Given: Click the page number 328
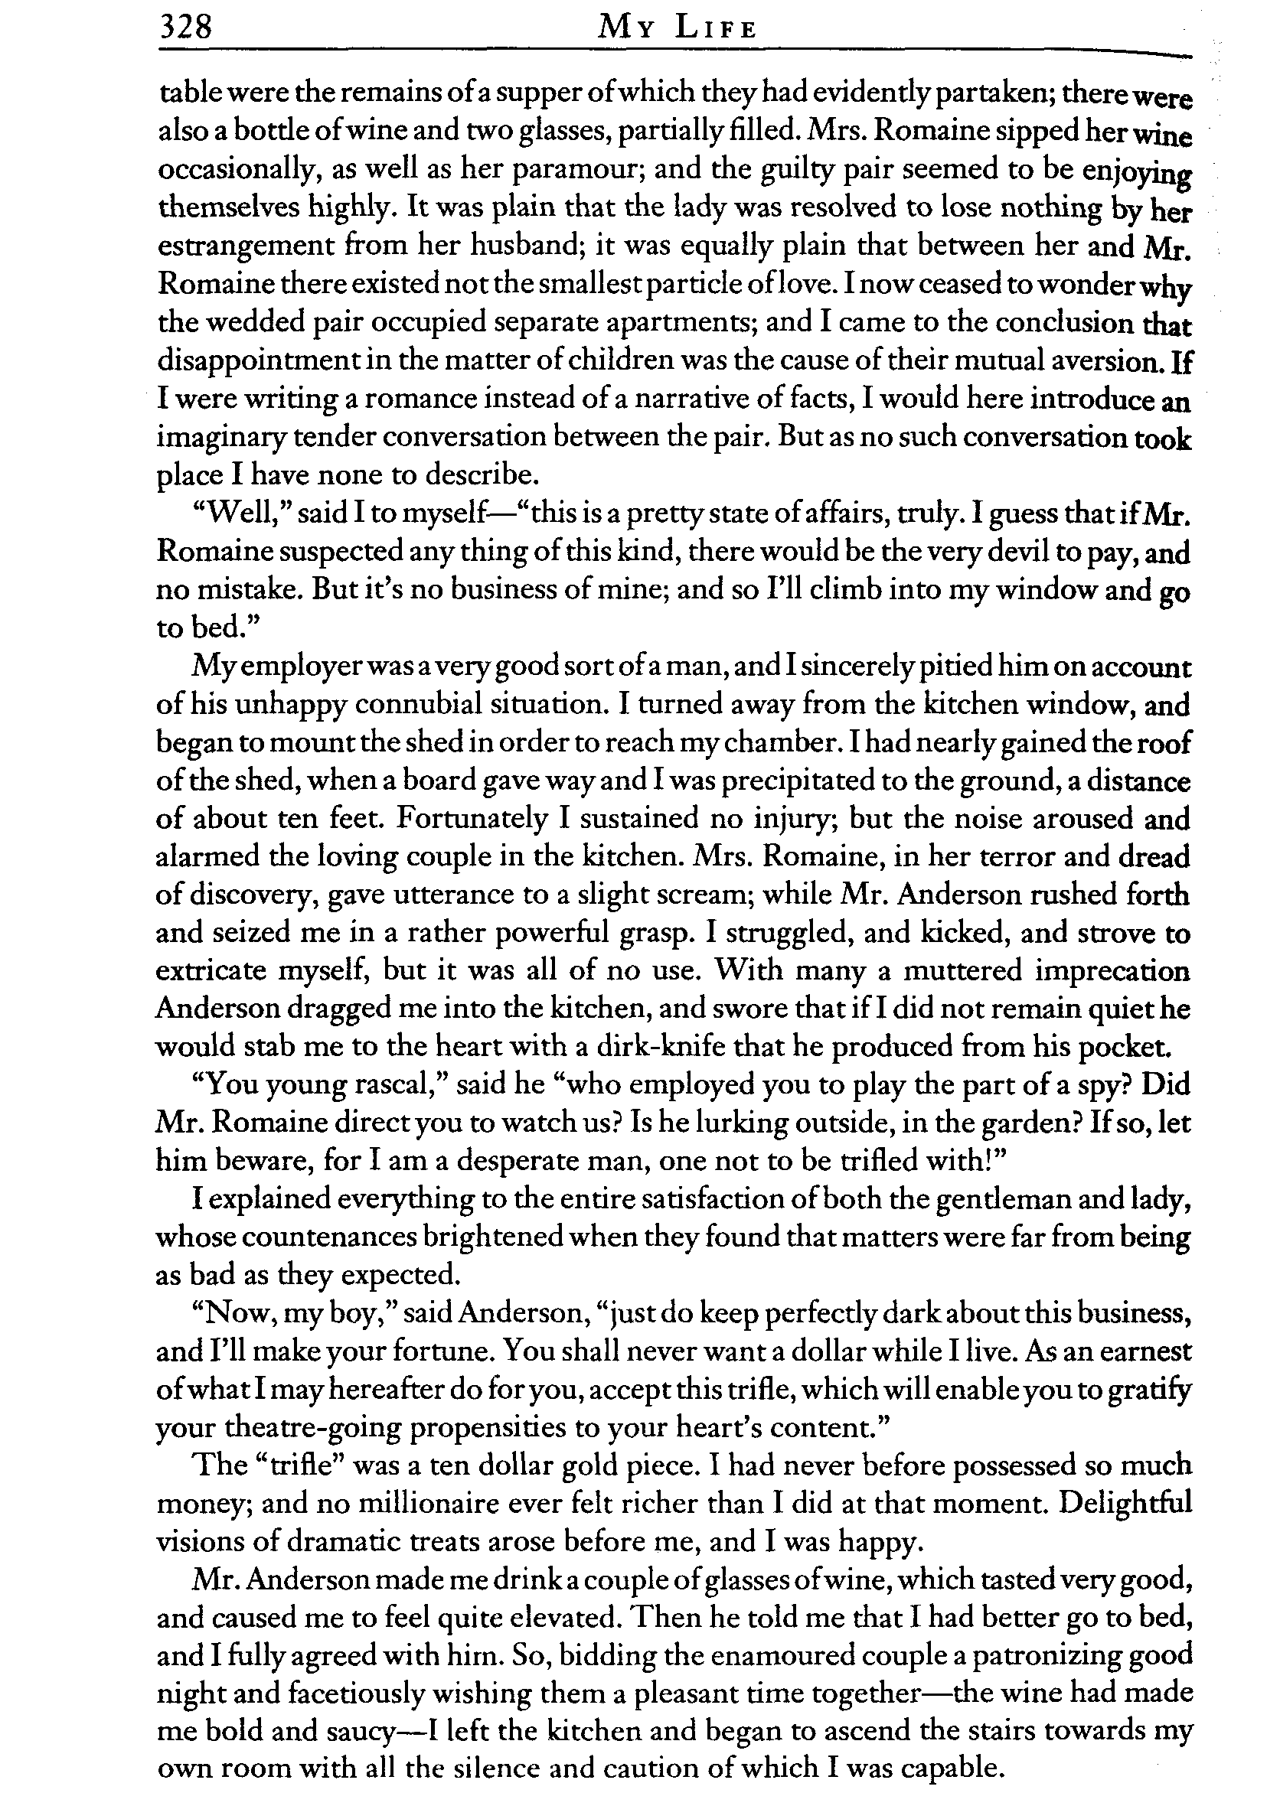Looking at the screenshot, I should coord(186,28).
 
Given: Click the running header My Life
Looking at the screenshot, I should coord(678,29).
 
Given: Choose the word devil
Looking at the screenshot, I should coord(1009,552).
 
